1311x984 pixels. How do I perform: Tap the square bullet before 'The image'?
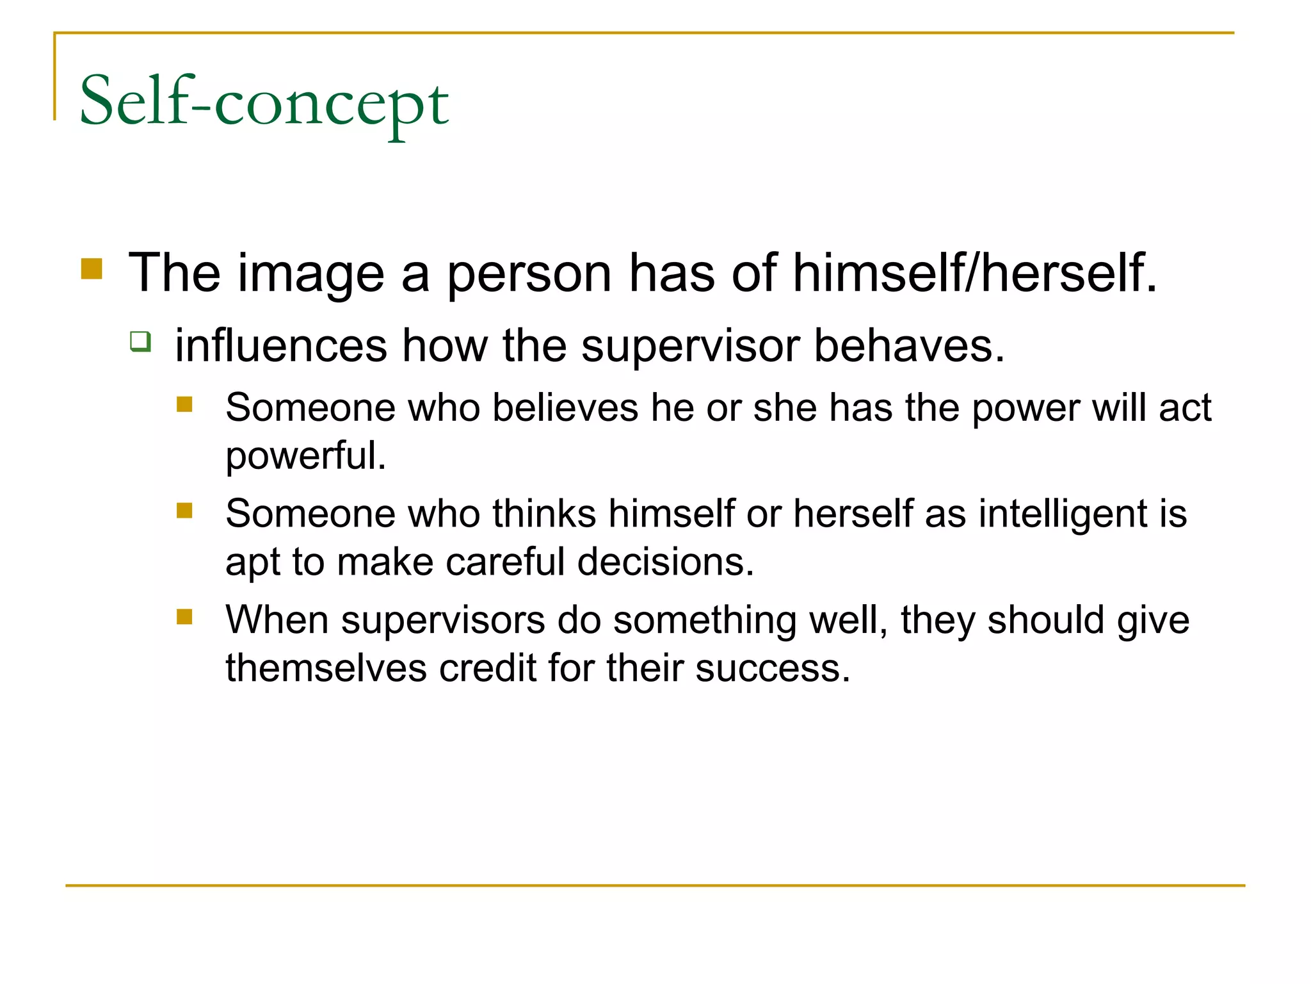92,269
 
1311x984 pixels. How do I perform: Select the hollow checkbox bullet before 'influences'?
140,341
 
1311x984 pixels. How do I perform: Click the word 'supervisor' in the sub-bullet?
691,346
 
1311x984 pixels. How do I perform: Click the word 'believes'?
565,407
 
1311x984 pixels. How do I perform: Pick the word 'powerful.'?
306,455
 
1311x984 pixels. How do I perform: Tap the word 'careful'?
505,562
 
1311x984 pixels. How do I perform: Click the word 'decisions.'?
666,562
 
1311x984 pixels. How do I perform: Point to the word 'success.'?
773,668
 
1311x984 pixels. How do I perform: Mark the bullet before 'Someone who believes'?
185,404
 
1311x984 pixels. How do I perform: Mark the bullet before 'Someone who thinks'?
185,511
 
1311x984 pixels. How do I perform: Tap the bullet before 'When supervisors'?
185,617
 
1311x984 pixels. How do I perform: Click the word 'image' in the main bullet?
311,274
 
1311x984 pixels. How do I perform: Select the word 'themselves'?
326,668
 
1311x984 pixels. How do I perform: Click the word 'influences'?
281,346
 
